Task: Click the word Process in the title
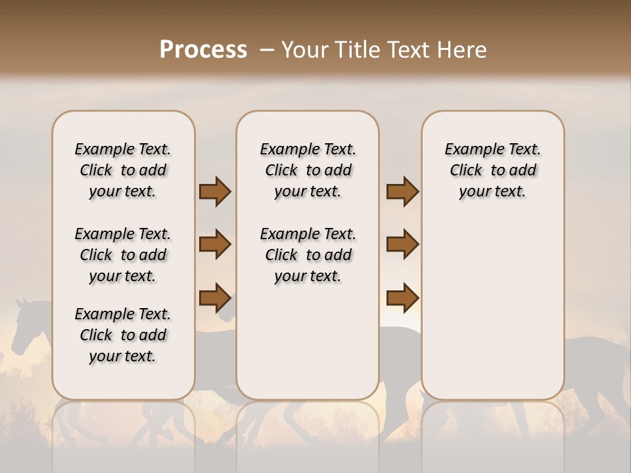point(203,50)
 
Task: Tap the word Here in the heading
point(464,50)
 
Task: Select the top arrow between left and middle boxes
point(215,192)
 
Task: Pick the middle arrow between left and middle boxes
point(215,245)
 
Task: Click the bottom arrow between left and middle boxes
point(215,298)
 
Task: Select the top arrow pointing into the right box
point(402,192)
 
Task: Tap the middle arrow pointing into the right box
point(402,245)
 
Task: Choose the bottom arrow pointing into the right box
point(402,298)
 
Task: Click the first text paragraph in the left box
point(123,170)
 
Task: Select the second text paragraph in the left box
point(123,255)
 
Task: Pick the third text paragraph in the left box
point(123,335)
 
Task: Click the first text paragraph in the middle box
point(308,170)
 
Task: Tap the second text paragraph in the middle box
point(308,255)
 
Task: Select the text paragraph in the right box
point(492,170)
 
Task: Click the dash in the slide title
point(267,50)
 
